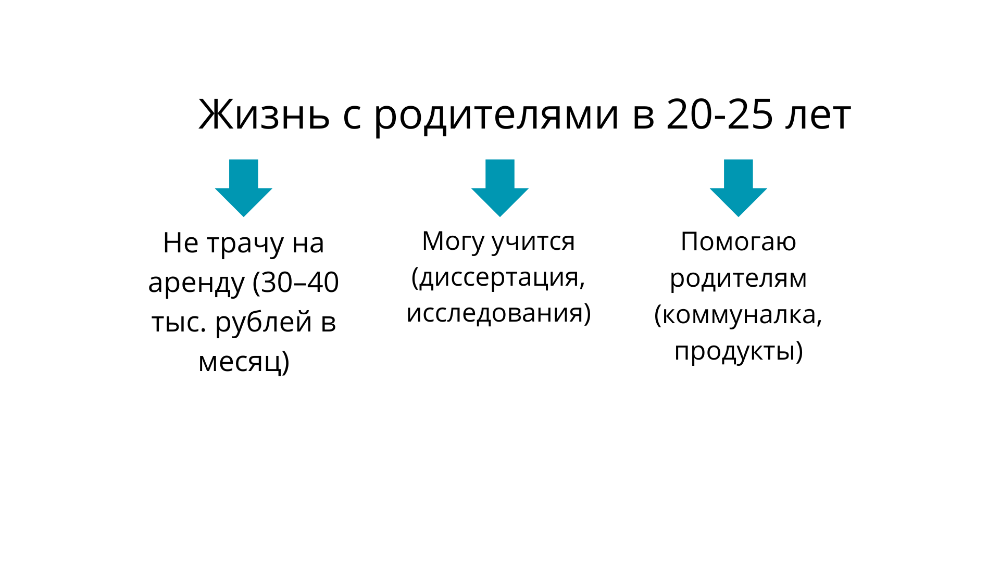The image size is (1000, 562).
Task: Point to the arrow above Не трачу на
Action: (x=244, y=187)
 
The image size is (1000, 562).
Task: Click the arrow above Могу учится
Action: (x=500, y=187)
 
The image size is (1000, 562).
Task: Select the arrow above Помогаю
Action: (x=739, y=187)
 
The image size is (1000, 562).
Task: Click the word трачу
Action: (x=245, y=244)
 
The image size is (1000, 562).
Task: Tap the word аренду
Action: (x=196, y=283)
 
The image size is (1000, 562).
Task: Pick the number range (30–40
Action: (x=296, y=283)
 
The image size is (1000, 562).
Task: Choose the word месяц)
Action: (x=244, y=361)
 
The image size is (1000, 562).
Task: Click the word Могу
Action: (x=453, y=241)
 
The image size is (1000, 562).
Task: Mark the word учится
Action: (x=533, y=241)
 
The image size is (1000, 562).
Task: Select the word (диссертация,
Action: (x=498, y=277)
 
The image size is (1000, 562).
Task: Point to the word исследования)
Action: (x=498, y=313)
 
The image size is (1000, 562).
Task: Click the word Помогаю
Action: (x=739, y=241)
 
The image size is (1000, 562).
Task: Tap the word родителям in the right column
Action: (x=739, y=278)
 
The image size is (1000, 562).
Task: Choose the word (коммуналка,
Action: (x=739, y=314)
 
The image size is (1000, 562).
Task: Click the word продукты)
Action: (x=739, y=351)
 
